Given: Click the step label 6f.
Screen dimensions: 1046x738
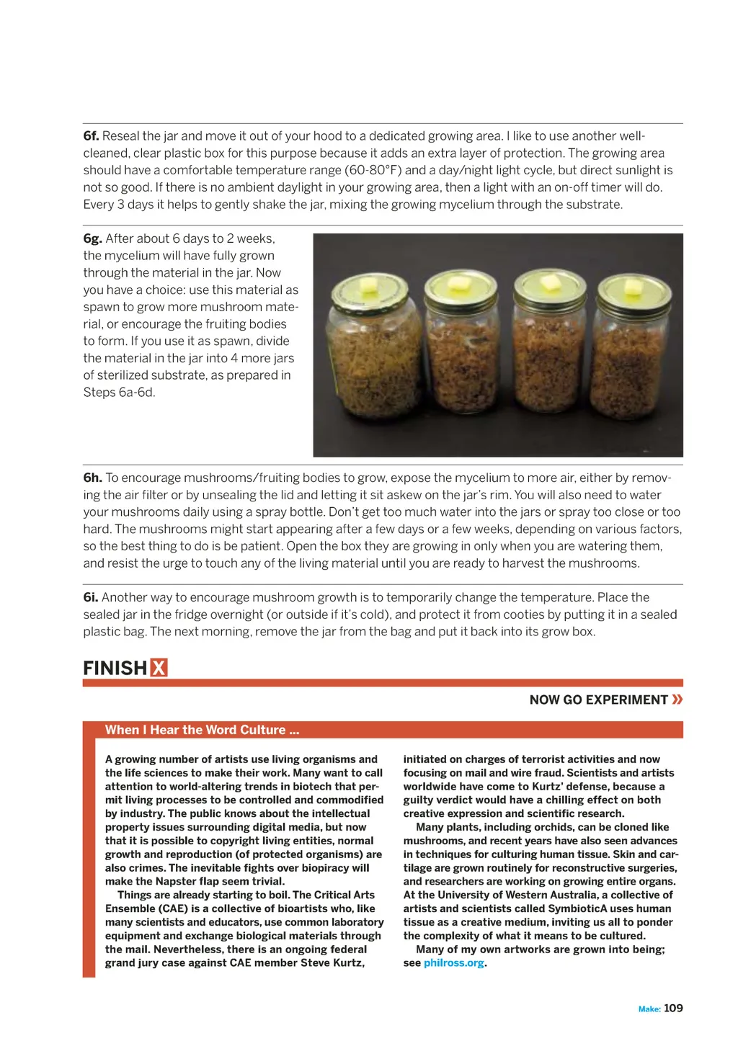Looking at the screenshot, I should coord(91,136).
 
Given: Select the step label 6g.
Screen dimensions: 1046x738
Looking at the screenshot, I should coord(92,238).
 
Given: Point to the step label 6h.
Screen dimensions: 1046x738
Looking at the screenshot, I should coord(92,478).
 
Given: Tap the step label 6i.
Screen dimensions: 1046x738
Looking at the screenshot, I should coord(90,597).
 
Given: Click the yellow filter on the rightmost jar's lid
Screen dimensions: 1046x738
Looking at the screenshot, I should coord(634,287).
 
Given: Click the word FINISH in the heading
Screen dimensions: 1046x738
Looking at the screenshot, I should coord(115,669).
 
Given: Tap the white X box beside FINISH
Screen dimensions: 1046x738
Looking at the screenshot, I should coord(159,669).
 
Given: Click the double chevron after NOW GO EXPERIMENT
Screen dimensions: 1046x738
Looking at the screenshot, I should coord(677,699).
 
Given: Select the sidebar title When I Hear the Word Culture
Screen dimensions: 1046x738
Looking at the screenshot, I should coord(202,730).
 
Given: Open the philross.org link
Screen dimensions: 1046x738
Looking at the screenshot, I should coord(453,963).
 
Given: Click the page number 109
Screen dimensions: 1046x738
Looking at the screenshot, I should coord(673,1009).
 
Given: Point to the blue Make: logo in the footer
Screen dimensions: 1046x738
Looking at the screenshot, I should coord(649,1009).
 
